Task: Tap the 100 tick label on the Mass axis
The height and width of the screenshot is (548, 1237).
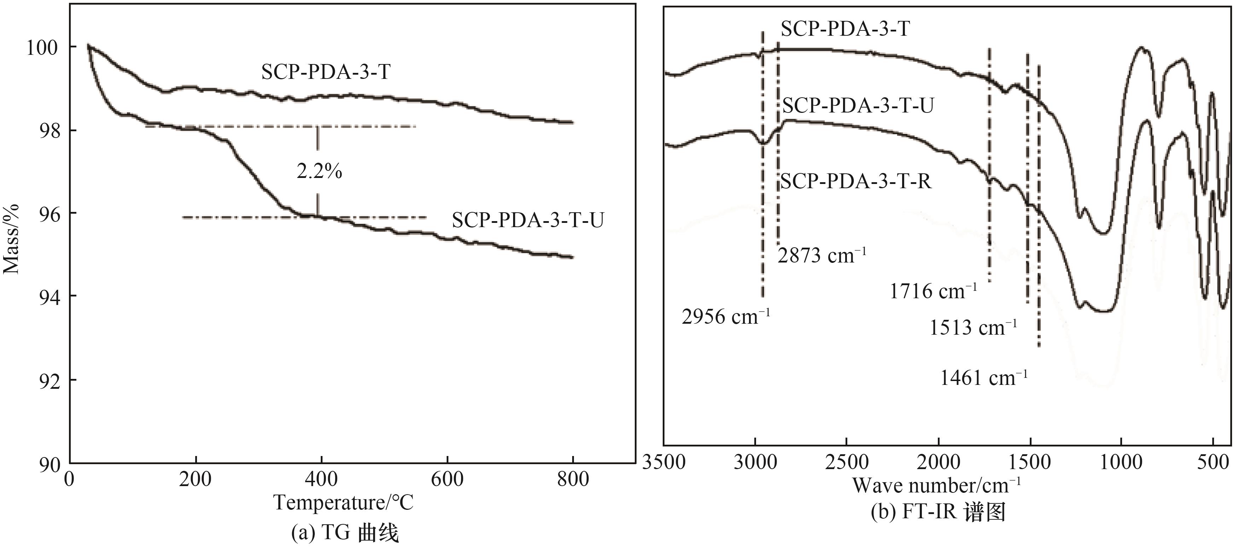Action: [x=42, y=48]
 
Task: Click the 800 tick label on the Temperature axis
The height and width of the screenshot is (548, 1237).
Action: [x=573, y=479]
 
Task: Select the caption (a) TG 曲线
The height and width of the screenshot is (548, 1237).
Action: [x=345, y=533]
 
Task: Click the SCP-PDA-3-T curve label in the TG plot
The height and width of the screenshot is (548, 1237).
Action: [x=326, y=72]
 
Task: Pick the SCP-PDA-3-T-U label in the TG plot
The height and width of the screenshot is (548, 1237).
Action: [x=528, y=220]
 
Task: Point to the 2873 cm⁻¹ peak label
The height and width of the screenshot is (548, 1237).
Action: [x=821, y=255]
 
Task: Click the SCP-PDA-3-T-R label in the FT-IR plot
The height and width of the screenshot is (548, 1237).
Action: [x=856, y=181]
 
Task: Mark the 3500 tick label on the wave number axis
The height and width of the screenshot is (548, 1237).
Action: [x=664, y=462]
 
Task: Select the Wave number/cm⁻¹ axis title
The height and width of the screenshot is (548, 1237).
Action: [x=936, y=486]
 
